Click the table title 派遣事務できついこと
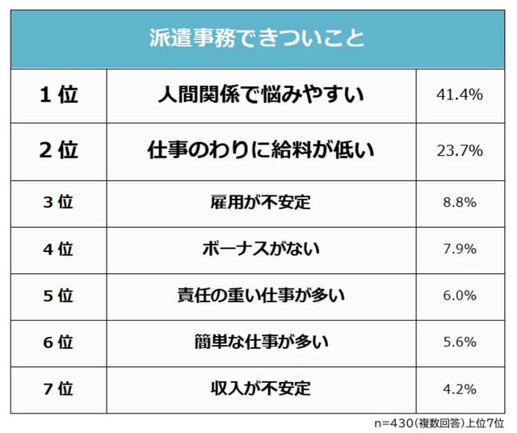tap(257, 38)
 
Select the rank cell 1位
tap(58, 95)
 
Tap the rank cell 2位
tap(58, 150)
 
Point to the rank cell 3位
tap(58, 202)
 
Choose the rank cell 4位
tap(58, 248)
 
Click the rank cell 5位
tap(58, 295)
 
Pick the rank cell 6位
tap(58, 342)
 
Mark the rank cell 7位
tap(58, 388)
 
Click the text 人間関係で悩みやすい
tap(260, 95)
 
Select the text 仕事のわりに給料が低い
tap(260, 150)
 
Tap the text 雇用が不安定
tap(260, 202)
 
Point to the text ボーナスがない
tap(260, 248)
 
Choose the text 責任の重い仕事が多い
tap(260, 295)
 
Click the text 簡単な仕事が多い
tap(260, 342)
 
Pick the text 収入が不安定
tap(260, 388)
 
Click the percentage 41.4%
tap(459, 95)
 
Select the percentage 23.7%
tap(459, 150)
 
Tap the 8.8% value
tap(459, 202)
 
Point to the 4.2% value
tap(459, 388)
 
